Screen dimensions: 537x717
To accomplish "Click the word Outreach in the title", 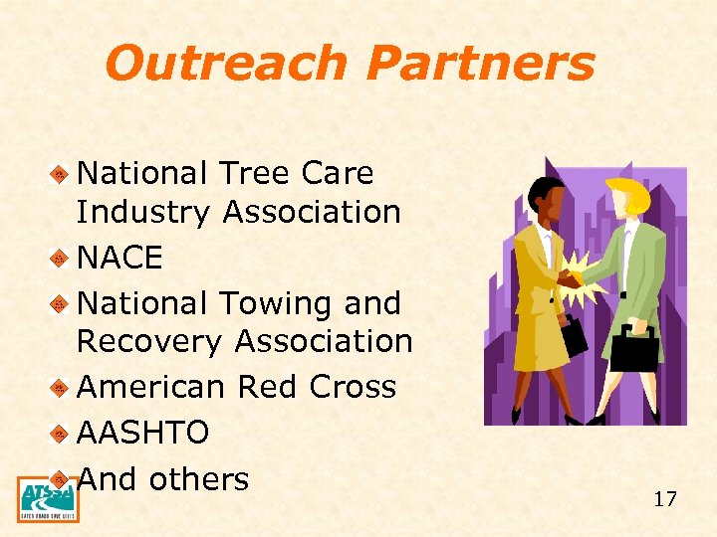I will [x=228, y=63].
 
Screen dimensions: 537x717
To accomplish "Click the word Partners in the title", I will [x=480, y=63].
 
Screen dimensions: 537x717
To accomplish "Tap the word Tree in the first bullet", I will [x=253, y=173].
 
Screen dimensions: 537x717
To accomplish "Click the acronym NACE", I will [x=119, y=258].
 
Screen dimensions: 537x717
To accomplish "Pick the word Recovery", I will [x=150, y=341].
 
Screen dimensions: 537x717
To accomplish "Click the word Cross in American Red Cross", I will [x=351, y=387].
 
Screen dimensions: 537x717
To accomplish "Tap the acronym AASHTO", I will [x=142, y=433].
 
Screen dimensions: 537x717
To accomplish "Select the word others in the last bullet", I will [x=198, y=478].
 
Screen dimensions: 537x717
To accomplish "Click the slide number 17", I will [x=665, y=499].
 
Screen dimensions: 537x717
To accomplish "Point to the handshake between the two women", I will [x=574, y=275].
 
